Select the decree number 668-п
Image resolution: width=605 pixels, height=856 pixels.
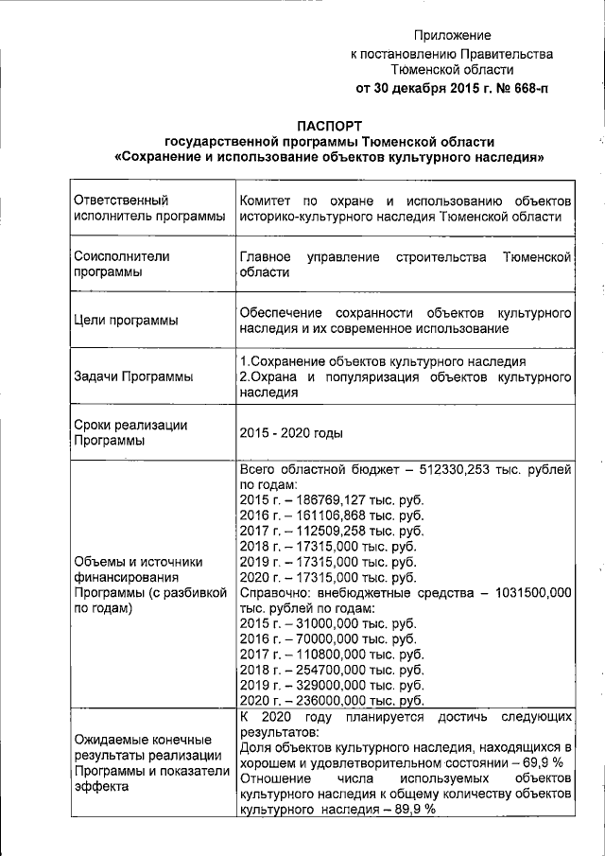click(526, 89)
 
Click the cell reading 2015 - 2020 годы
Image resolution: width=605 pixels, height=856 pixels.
click(291, 432)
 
